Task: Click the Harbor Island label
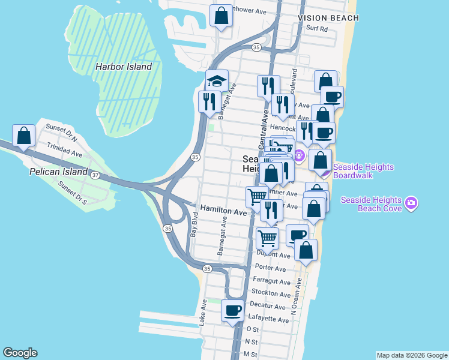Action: pyautogui.click(x=124, y=67)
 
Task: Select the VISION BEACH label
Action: pyautogui.click(x=328, y=18)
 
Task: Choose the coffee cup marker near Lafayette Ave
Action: pyautogui.click(x=232, y=311)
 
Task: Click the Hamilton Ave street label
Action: pyautogui.click(x=223, y=212)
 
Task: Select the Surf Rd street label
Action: pyautogui.click(x=316, y=28)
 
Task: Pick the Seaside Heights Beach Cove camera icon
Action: pyautogui.click(x=411, y=203)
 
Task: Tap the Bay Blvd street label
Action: pyautogui.click(x=194, y=223)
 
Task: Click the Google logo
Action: pyautogui.click(x=20, y=353)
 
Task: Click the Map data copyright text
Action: pyautogui.click(x=411, y=355)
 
